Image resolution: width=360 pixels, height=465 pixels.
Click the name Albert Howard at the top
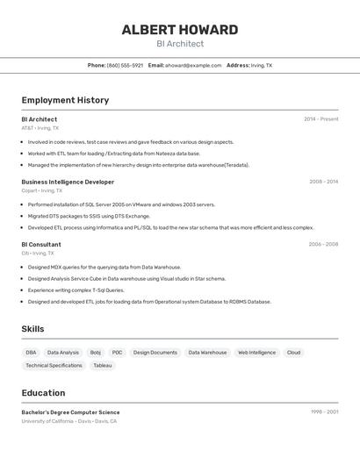[179, 30]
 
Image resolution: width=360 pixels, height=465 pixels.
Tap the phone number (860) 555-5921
[125, 65]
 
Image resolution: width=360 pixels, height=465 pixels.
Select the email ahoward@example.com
[191, 65]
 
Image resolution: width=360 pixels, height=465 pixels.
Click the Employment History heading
[65, 100]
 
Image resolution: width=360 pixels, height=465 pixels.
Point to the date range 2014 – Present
[320, 119]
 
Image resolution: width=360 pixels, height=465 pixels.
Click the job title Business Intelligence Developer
[68, 182]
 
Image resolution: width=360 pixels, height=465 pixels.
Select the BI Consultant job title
[41, 245]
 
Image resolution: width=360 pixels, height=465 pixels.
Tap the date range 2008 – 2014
[323, 182]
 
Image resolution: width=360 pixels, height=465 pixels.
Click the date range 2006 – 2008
[323, 245]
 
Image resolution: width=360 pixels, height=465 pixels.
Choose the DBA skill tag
[31, 353]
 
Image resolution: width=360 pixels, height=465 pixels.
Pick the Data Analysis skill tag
[63, 353]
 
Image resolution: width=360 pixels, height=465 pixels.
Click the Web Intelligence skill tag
[256, 353]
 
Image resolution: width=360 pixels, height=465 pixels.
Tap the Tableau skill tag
[103, 366]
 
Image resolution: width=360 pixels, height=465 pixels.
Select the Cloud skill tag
[293, 353]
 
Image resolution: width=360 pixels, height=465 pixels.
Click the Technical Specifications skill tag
[54, 366]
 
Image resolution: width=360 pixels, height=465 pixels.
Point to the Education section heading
[43, 393]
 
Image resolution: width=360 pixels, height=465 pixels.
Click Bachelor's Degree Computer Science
[70, 412]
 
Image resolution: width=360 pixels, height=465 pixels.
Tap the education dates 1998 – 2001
[324, 412]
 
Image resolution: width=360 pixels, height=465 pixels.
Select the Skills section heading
[32, 329]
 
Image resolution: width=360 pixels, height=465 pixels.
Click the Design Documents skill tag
[155, 353]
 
